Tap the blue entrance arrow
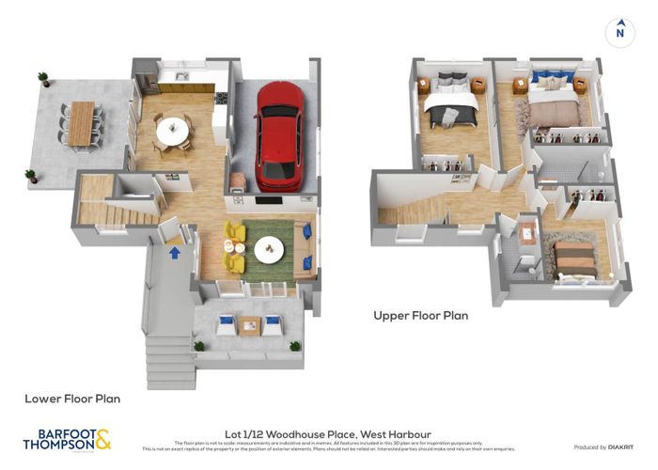[x=174, y=251]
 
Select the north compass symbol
[x=619, y=31]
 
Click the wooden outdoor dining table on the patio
[x=83, y=123]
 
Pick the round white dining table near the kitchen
[x=172, y=131]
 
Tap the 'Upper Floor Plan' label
[x=421, y=316]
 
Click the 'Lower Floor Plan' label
[x=72, y=399]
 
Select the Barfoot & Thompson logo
[x=66, y=439]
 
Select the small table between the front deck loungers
[x=249, y=325]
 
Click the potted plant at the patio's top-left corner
[x=43, y=78]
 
